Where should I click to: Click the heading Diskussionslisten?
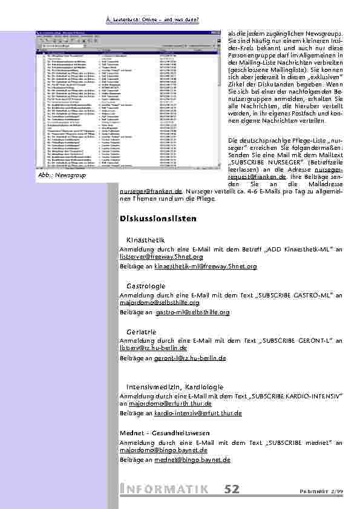click(x=158, y=218)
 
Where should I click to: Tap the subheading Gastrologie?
click(x=146, y=285)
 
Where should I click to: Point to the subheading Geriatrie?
click(x=141, y=332)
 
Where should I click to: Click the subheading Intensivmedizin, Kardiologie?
click(x=175, y=386)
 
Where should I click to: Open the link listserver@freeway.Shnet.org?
click(x=161, y=257)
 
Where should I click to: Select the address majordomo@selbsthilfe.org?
click(x=160, y=302)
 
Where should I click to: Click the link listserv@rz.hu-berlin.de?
click(x=154, y=348)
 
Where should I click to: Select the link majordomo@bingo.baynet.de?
click(x=163, y=450)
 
